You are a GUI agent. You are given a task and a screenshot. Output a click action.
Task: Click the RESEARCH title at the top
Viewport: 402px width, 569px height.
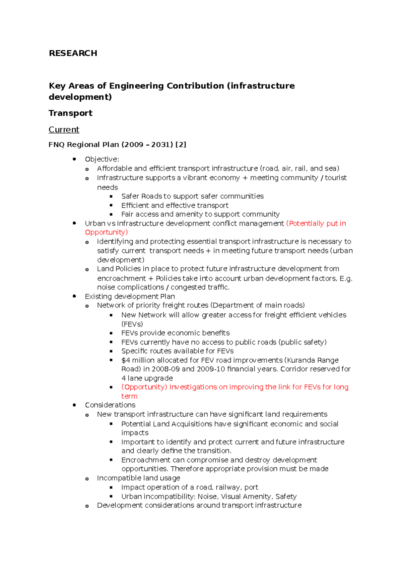(73, 53)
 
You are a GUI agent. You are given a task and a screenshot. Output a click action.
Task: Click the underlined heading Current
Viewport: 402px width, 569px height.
(64, 130)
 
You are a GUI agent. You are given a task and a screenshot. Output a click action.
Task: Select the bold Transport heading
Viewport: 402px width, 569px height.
(70, 113)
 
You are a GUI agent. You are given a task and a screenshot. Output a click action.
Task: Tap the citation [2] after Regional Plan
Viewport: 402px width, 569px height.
(181, 145)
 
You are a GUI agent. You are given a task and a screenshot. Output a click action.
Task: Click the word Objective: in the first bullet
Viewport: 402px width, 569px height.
(102, 159)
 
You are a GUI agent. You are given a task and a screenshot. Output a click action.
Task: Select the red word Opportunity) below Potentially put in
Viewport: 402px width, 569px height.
(106, 232)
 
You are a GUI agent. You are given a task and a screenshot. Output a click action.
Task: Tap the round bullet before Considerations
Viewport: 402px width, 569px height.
(74, 405)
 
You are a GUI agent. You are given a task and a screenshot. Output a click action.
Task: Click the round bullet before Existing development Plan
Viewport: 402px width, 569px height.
(74, 296)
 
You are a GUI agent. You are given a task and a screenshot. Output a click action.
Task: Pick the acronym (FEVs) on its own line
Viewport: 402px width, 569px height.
(132, 324)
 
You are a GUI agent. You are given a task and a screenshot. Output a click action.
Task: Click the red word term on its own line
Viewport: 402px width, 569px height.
(129, 396)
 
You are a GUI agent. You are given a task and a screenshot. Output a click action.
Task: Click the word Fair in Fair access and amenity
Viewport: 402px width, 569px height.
(127, 214)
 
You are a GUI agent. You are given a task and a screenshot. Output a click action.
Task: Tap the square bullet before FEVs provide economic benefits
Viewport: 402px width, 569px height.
(111, 333)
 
